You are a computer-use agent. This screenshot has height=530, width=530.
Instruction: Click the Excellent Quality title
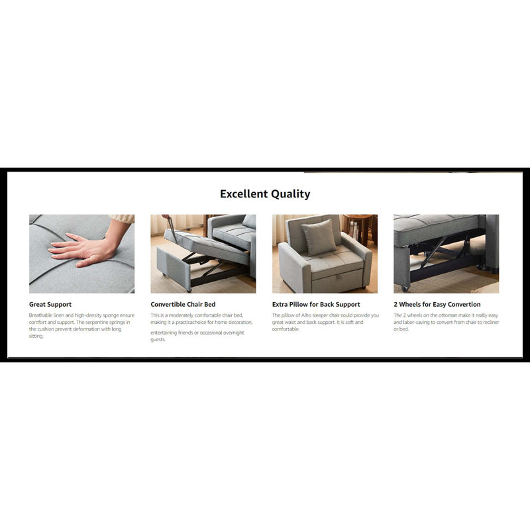pos(265,194)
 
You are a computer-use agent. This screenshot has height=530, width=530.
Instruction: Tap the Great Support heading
pos(50,304)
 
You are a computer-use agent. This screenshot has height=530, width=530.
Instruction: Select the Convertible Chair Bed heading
pos(183,304)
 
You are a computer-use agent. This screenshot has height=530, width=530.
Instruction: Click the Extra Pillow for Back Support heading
pos(316,304)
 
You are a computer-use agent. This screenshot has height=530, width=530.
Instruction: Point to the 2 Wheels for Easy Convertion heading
pos(437,304)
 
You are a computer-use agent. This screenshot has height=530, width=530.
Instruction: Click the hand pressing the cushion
pos(83,248)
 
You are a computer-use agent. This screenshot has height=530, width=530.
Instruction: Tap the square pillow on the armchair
pos(319,237)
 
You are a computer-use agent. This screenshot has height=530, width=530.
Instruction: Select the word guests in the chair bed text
pos(158,340)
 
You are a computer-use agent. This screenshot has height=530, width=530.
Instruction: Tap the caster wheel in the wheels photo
pos(405,288)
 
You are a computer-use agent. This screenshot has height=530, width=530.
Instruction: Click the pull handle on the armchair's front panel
pos(337,277)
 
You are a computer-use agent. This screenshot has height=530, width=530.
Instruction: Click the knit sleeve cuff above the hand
pos(123,219)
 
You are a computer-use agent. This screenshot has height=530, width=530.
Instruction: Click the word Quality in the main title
pos(291,194)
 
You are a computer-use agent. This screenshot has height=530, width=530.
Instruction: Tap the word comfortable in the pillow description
pos(286,329)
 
